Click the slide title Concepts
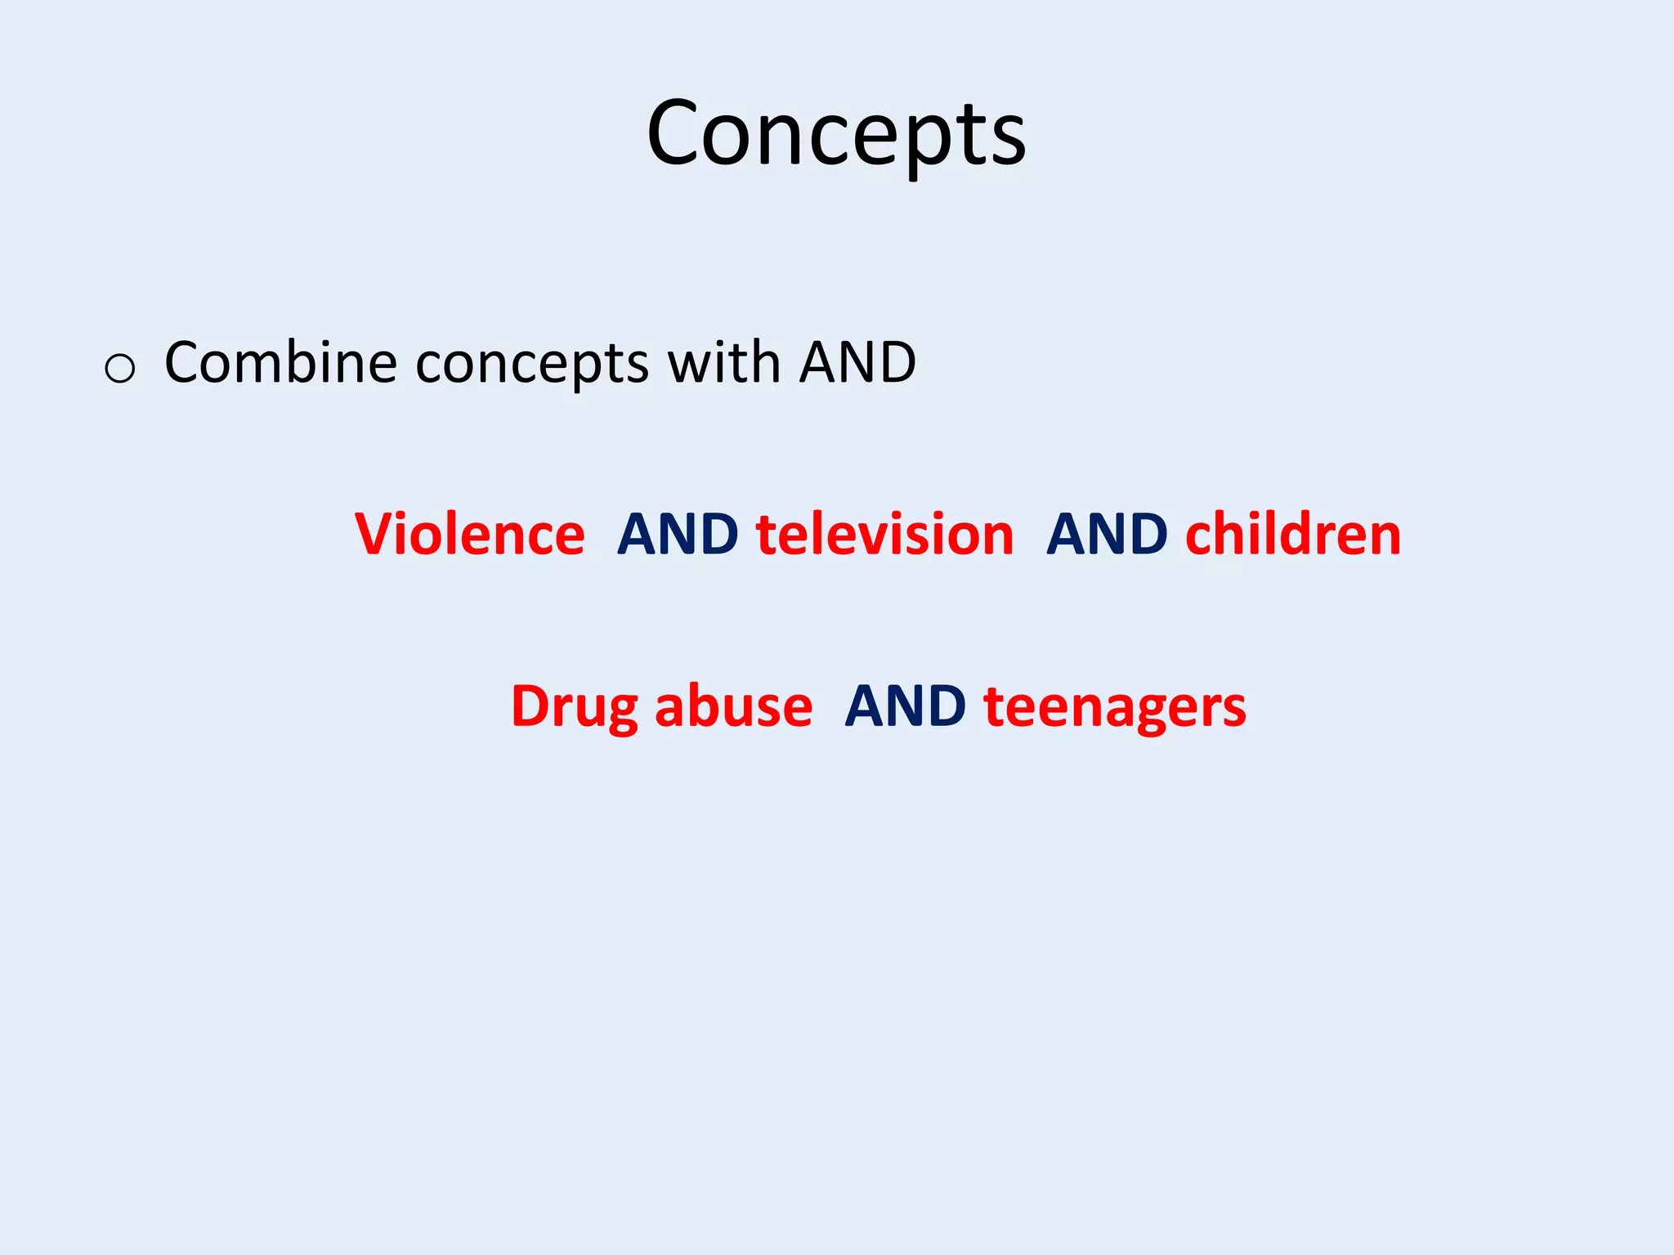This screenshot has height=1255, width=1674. coord(835,133)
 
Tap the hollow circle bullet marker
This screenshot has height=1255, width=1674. coord(120,369)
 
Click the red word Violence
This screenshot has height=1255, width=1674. coord(470,535)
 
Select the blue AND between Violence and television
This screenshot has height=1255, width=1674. coord(678,535)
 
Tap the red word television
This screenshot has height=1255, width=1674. coord(885,535)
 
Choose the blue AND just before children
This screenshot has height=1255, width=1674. coord(1107,535)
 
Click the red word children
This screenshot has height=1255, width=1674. coord(1293,535)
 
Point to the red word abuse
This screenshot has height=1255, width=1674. coord(733,706)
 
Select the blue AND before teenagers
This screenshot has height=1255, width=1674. coord(905,706)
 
